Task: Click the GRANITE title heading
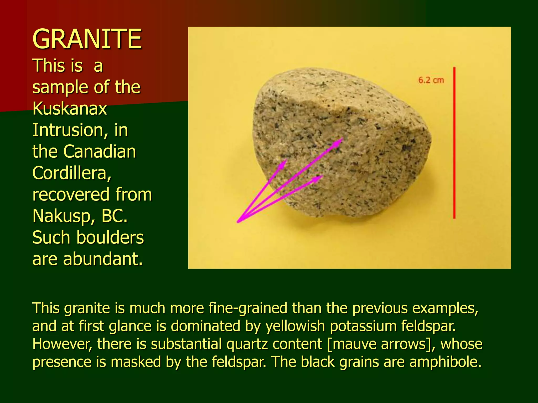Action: pos(87,39)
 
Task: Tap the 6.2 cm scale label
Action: pos(431,80)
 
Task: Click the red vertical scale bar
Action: pos(454,143)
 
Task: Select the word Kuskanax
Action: pos(70,108)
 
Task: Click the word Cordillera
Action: pos(72,173)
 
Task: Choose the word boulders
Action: pos(110,237)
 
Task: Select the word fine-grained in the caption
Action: pos(248,308)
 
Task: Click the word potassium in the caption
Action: pos(363,326)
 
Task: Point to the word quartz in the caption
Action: pos(247,344)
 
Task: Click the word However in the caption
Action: pos(62,344)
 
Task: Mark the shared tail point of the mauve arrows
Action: pos(238,222)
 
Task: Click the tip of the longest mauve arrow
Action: pos(342,139)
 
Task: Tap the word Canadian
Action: pos(100,152)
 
